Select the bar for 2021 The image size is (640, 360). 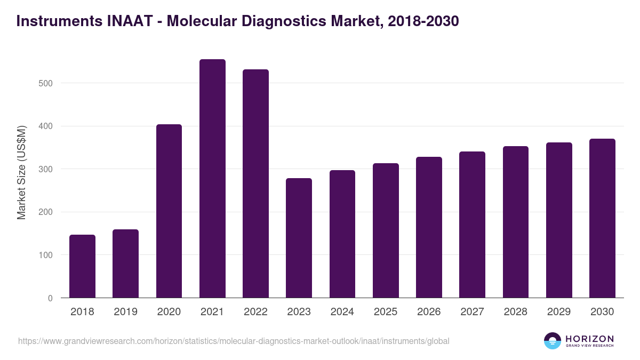212,179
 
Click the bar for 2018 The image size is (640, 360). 82,266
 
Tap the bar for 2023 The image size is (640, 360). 299,238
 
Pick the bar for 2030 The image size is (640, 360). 602,218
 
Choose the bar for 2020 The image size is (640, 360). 169,211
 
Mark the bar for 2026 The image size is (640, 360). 429,227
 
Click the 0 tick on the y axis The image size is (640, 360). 50,298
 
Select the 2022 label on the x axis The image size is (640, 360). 255,312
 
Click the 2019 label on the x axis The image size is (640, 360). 125,312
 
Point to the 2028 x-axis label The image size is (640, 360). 516,312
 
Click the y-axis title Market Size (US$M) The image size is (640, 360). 21,172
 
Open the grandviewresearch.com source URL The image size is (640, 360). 234,341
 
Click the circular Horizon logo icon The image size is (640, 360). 553,341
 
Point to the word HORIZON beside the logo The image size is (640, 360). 589,338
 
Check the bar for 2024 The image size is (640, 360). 342,234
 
